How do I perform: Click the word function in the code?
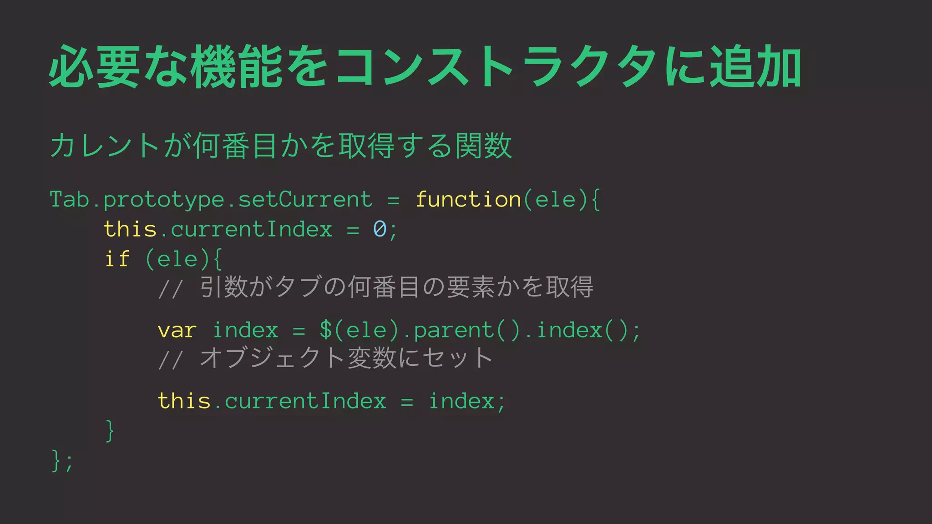(468, 200)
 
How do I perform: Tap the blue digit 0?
(380, 229)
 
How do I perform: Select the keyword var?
(177, 330)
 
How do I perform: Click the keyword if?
(117, 259)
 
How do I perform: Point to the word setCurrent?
(305, 200)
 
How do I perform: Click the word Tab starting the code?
(69, 200)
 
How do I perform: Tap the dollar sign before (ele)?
(326, 330)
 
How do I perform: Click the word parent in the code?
(454, 331)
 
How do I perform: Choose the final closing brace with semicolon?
(62, 460)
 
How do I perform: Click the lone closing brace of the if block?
(110, 430)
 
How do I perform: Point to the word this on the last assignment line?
(184, 401)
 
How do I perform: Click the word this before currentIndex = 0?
(130, 229)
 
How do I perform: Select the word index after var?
(245, 330)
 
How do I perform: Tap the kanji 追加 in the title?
(755, 66)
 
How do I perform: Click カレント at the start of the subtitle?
(105, 146)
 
